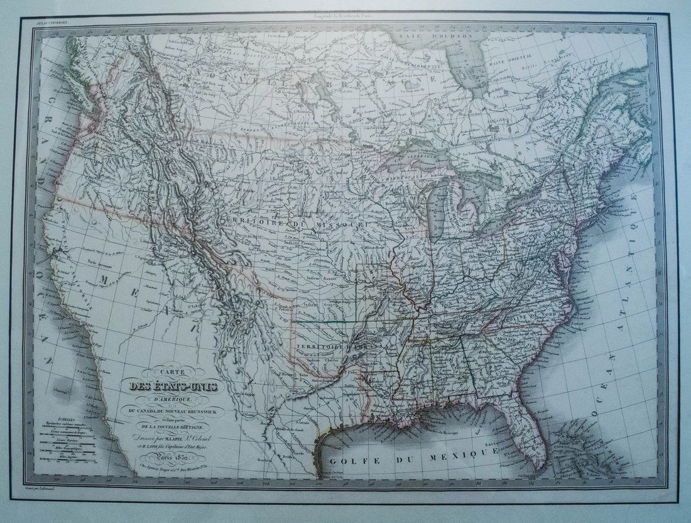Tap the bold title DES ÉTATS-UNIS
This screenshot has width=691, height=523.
coord(170,387)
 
